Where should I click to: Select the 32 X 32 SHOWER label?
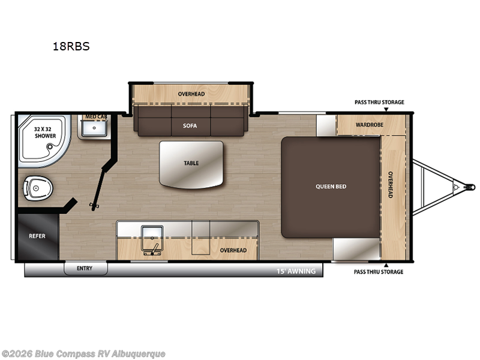(x=45, y=132)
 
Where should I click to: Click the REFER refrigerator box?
(x=37, y=236)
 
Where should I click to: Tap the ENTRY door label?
(x=85, y=268)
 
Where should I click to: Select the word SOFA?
(x=190, y=125)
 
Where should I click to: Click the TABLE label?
(x=191, y=163)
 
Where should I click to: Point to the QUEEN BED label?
(x=331, y=186)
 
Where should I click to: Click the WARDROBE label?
(x=370, y=125)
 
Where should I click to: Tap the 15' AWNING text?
(x=296, y=271)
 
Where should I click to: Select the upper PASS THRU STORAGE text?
(x=379, y=103)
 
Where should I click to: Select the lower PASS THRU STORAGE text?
(x=378, y=272)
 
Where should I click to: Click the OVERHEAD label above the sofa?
(x=191, y=94)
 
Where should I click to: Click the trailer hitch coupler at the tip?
(x=469, y=187)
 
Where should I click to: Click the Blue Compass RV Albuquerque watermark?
(x=83, y=354)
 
